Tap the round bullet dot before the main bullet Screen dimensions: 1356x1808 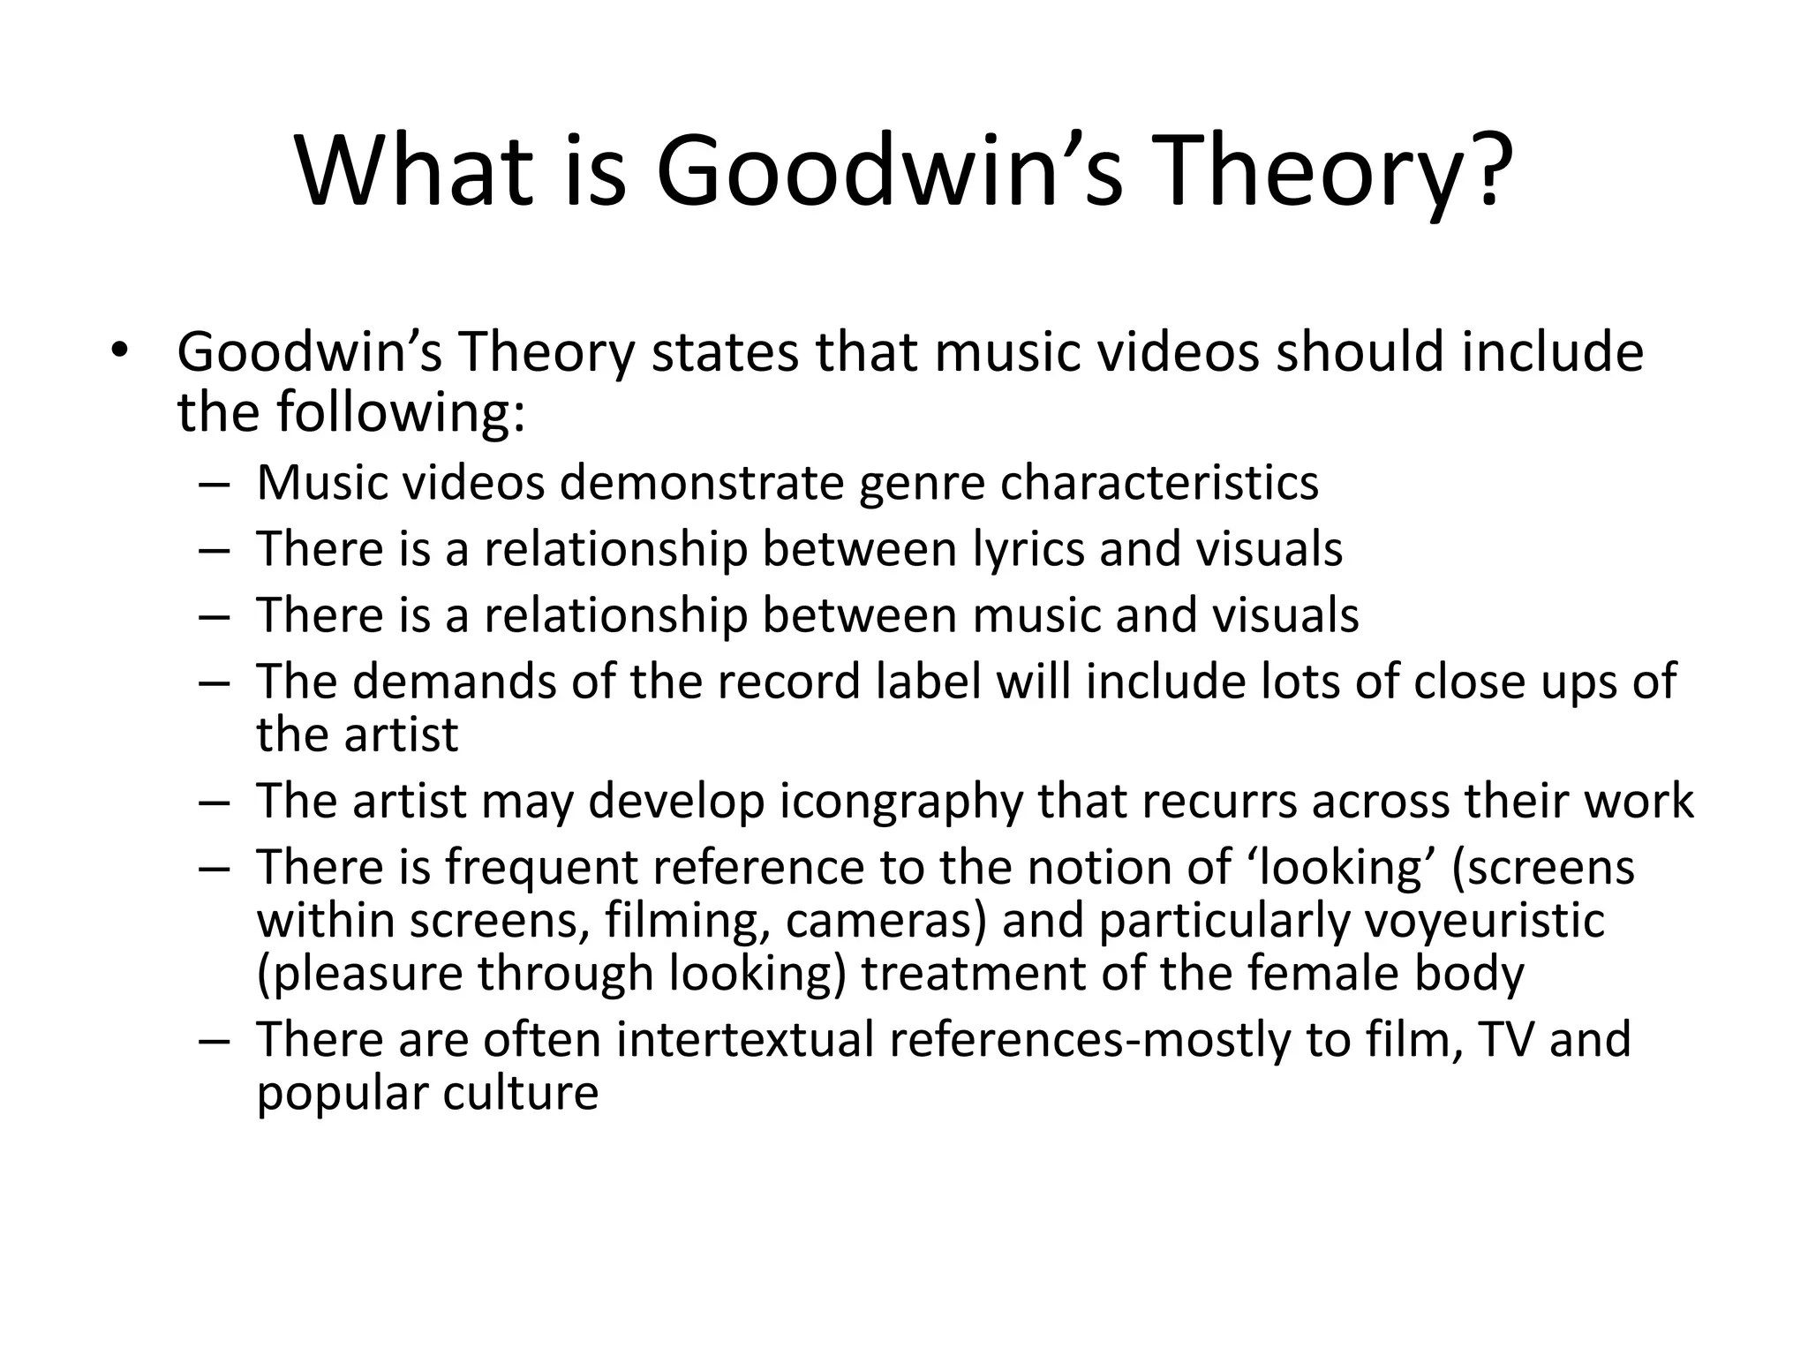120,351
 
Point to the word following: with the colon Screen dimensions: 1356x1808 401,411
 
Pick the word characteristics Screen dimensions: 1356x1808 1159,482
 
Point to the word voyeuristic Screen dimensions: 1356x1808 1484,921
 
